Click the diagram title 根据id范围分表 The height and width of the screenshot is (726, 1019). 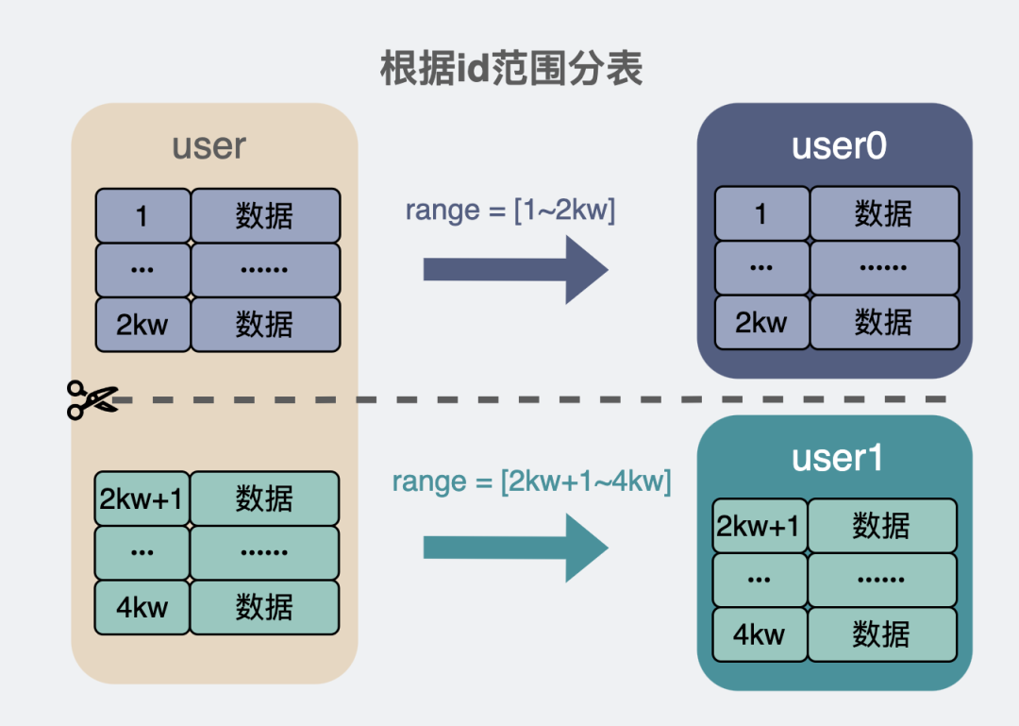[x=511, y=68]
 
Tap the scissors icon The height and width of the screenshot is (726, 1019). [x=92, y=399]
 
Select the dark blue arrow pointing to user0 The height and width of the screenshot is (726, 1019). [x=515, y=269]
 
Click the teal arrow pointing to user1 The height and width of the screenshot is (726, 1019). [x=515, y=548]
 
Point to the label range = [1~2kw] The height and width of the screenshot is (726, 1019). [x=510, y=210]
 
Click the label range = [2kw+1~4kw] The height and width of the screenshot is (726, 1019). [x=531, y=481]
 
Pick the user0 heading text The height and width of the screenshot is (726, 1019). [x=839, y=146]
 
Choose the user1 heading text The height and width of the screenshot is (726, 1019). [x=837, y=458]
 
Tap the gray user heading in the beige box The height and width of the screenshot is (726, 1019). [x=209, y=146]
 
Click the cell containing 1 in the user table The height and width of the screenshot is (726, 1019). [x=142, y=216]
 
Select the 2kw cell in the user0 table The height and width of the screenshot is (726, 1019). [x=761, y=323]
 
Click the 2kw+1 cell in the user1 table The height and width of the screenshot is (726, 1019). [x=760, y=526]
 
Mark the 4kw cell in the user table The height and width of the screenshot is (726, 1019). [x=142, y=607]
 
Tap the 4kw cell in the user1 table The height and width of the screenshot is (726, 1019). [x=760, y=634]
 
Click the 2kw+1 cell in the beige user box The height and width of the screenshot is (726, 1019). [x=142, y=498]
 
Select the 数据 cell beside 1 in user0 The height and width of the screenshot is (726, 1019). [x=884, y=214]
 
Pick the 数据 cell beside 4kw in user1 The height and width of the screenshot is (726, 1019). [x=881, y=634]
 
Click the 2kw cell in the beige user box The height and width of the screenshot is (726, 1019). [x=142, y=325]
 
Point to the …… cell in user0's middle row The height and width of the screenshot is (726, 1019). [x=884, y=268]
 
